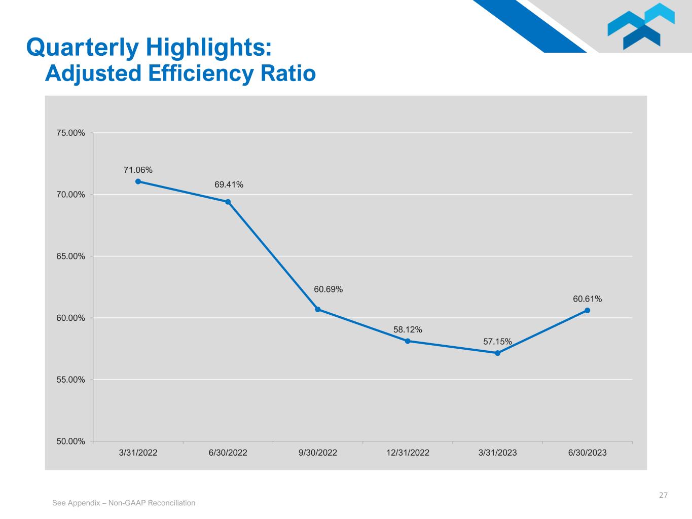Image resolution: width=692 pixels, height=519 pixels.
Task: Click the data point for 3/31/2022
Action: pyautogui.click(x=138, y=181)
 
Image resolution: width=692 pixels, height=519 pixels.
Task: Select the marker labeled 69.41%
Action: pyautogui.click(x=228, y=202)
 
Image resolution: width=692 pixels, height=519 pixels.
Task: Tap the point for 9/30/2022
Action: pyautogui.click(x=318, y=309)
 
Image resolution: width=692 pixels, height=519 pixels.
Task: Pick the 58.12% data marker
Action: pyautogui.click(x=408, y=341)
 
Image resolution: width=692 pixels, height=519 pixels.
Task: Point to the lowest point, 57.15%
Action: pyautogui.click(x=497, y=353)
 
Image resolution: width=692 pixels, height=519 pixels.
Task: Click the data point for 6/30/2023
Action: pyautogui.click(x=588, y=310)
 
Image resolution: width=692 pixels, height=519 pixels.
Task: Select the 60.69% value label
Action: pyautogui.click(x=328, y=289)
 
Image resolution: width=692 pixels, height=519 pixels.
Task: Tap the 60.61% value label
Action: pyautogui.click(x=588, y=299)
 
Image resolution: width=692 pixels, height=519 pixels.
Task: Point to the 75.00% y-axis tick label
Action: pyautogui.click(x=70, y=133)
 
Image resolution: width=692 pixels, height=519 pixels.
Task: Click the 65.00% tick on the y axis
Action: pyautogui.click(x=70, y=256)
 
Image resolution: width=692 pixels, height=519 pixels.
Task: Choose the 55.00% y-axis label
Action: pyautogui.click(x=70, y=380)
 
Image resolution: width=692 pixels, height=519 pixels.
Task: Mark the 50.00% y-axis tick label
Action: pyautogui.click(x=70, y=441)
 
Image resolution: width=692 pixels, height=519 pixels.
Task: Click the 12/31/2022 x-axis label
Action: pyautogui.click(x=408, y=453)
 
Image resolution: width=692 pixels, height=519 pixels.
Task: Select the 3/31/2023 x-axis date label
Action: pyautogui.click(x=497, y=453)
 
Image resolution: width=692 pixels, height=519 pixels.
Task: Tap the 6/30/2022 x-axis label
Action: pyautogui.click(x=228, y=453)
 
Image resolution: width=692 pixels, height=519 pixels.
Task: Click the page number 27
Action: pyautogui.click(x=663, y=495)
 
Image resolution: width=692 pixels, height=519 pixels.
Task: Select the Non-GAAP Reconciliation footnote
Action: pyautogui.click(x=124, y=503)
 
